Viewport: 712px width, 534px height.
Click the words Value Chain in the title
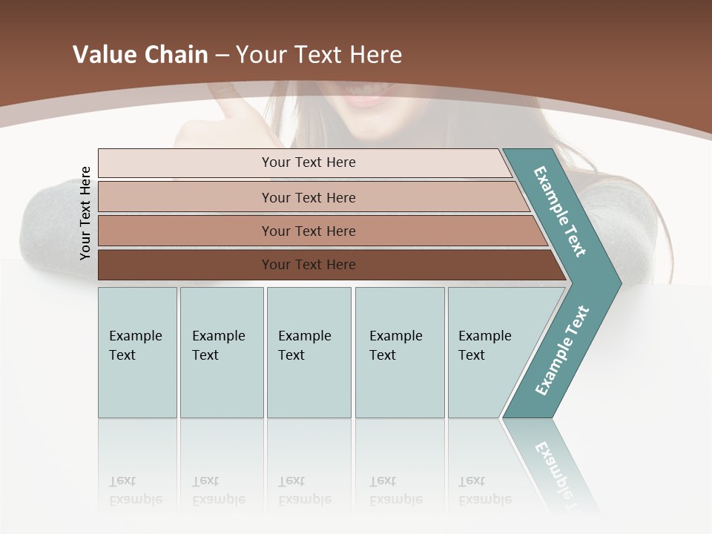140,55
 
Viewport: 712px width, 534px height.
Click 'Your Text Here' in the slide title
319,55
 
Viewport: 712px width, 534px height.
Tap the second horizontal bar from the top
309,197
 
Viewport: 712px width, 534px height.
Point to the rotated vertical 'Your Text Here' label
85,214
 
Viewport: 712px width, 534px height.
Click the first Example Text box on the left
137,352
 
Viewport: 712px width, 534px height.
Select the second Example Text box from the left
221,352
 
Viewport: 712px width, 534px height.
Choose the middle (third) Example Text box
309,352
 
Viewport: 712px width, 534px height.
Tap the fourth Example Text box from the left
400,352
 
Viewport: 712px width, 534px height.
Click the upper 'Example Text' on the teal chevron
560,211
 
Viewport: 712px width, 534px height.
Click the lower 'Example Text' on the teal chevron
561,350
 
